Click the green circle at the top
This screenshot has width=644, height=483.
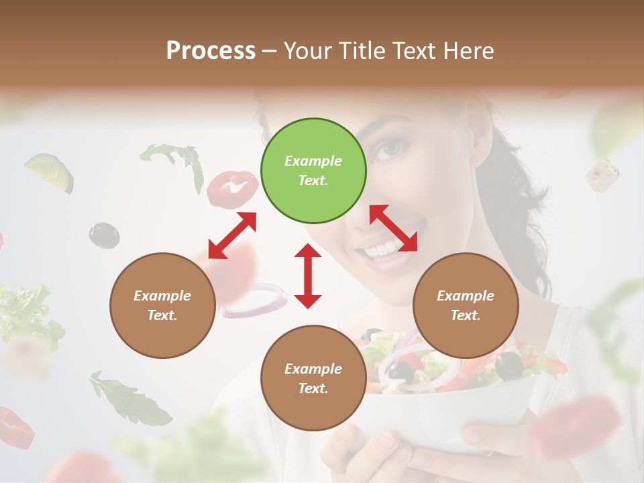313,171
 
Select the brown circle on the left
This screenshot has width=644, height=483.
162,305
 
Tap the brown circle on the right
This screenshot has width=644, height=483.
466,305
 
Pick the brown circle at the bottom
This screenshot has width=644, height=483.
313,378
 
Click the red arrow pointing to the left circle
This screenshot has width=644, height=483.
232,235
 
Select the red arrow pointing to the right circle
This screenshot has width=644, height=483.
394,228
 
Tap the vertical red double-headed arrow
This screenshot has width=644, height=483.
308,276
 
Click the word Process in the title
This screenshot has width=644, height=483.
211,51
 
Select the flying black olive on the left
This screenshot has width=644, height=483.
104,234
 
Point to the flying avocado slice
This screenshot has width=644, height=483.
50,171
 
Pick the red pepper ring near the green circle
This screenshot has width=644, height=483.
232,189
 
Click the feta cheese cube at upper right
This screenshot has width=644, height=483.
602,174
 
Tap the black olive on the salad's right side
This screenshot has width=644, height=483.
510,364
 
